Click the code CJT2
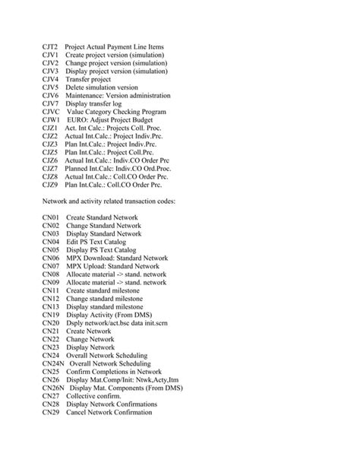51,47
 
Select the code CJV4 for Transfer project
51,79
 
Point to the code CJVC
52,110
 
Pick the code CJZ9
51,184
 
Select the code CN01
51,217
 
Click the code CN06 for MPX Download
51,258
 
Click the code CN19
51,313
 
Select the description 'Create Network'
88,331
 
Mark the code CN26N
54,387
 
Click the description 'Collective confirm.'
93,396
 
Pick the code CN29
51,412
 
